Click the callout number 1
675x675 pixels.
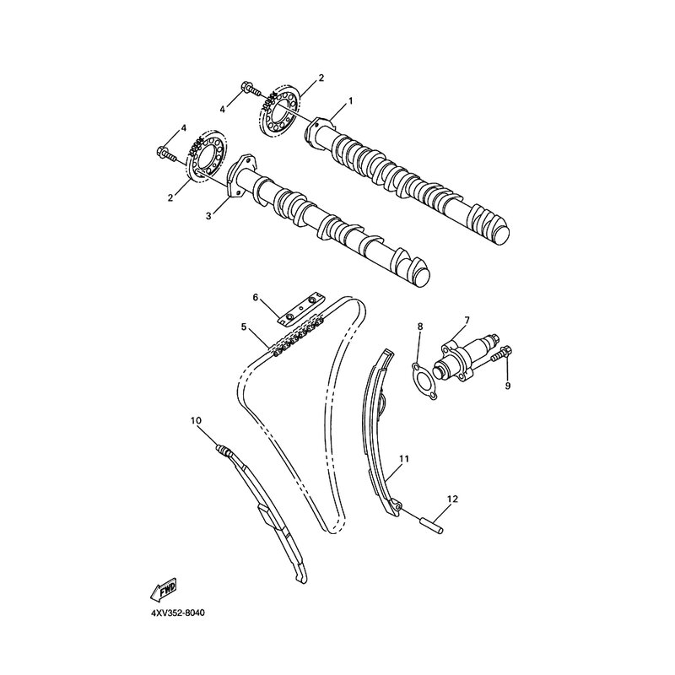tap(350, 100)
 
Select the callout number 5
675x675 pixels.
tap(243, 326)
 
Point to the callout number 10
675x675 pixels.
tap(196, 419)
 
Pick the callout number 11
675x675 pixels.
tap(404, 459)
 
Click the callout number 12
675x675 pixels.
tap(452, 499)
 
